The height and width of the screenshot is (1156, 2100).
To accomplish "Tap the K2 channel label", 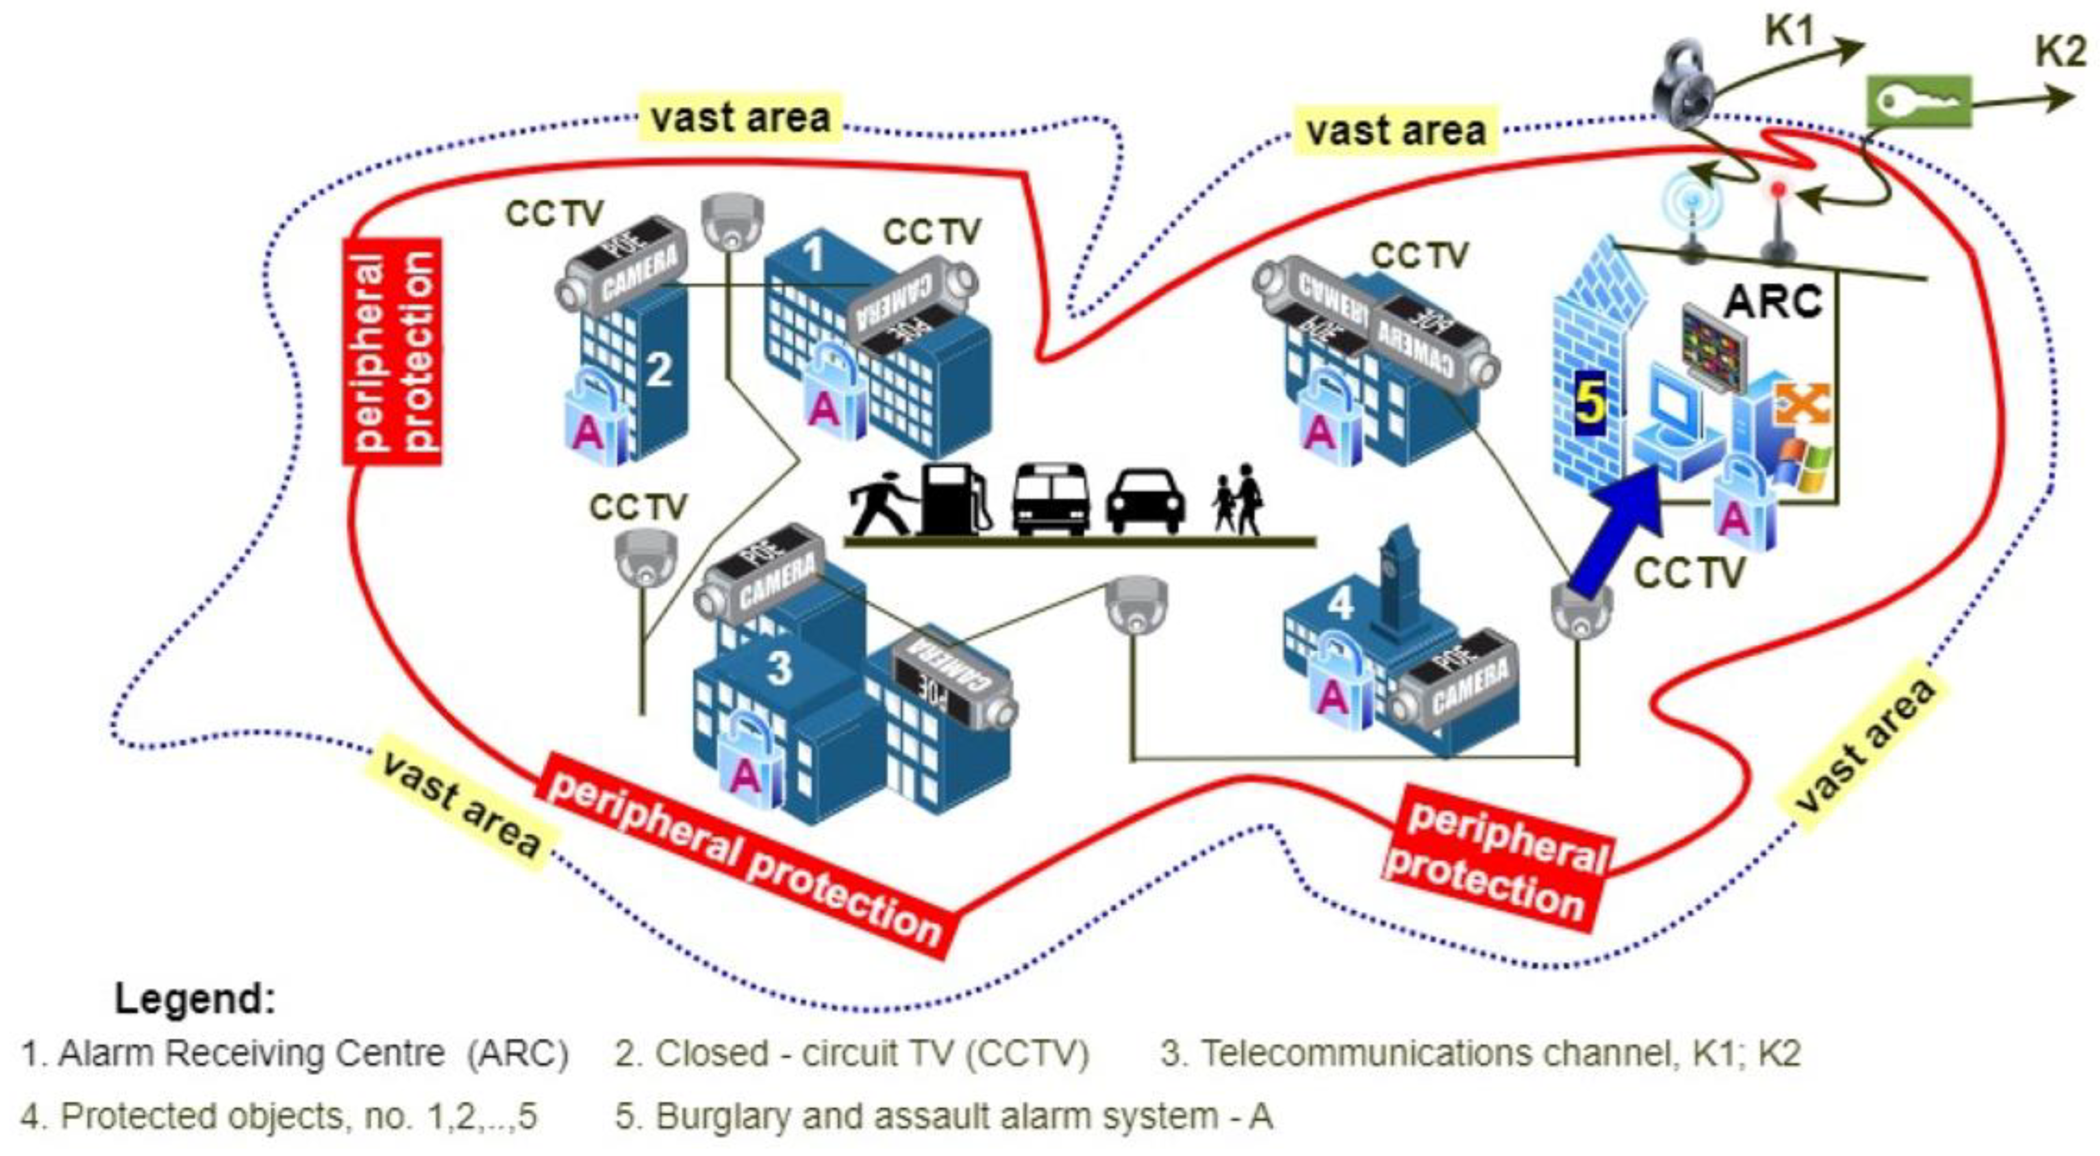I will pyautogui.click(x=2060, y=52).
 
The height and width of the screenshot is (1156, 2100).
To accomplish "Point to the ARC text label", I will pyautogui.click(x=1773, y=302).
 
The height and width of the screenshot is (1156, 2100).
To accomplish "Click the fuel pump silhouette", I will pyautogui.click(x=954, y=499).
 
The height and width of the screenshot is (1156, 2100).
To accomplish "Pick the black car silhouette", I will pyautogui.click(x=1145, y=501).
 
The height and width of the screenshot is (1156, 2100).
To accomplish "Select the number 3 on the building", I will pyautogui.click(x=778, y=668).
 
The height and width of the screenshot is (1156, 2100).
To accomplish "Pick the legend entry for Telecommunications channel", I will pyautogui.click(x=1480, y=1053).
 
